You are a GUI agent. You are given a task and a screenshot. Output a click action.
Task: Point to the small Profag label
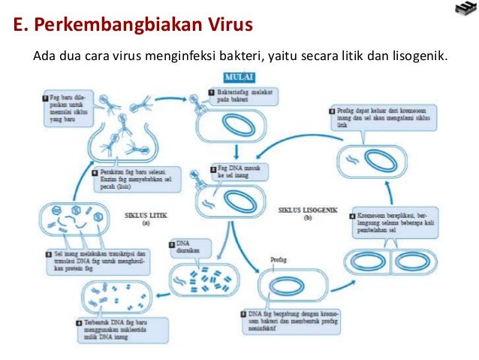(x=279, y=260)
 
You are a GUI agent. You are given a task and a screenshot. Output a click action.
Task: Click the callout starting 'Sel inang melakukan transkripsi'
(x=97, y=260)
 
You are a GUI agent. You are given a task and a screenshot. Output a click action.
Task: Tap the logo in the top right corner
(x=465, y=9)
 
